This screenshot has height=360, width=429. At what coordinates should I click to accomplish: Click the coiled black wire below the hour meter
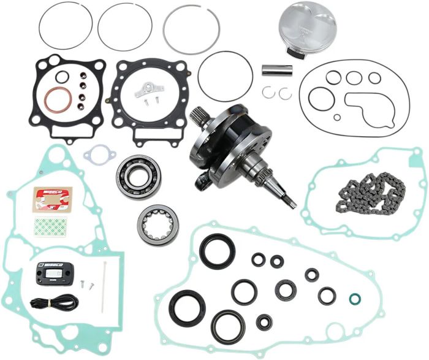point(54,302)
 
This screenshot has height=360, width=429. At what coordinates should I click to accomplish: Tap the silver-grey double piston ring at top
point(192,30)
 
